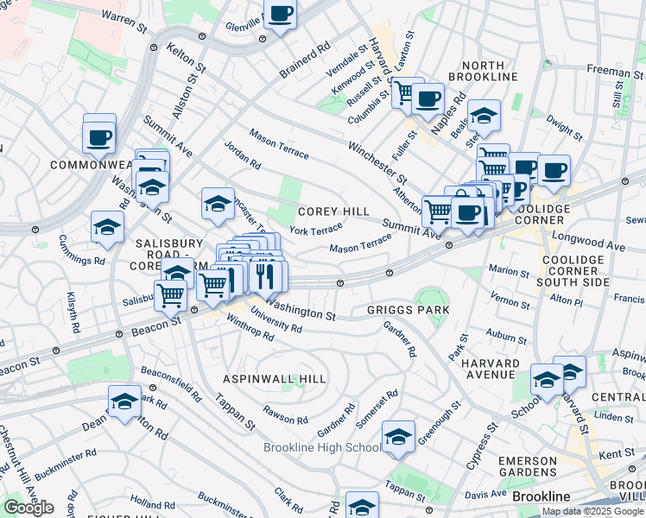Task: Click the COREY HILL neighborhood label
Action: (333, 212)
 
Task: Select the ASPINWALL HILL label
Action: (275, 379)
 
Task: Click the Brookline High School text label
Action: (322, 447)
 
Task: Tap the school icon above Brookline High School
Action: (398, 437)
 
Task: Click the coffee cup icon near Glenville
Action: (280, 14)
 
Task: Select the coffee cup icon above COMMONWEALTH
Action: (99, 136)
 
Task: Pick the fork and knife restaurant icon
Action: (265, 276)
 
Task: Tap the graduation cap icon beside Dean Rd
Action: (124, 401)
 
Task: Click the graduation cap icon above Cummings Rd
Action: (107, 227)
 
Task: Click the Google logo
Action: (28, 508)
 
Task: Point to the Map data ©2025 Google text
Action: (592, 511)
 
